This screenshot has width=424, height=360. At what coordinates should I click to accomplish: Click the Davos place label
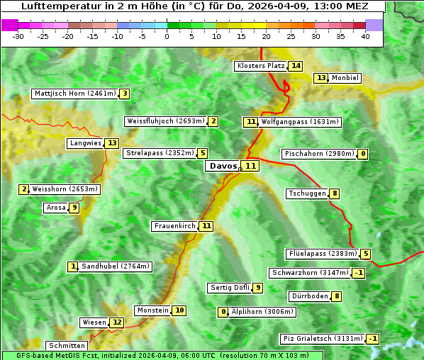pos(223,166)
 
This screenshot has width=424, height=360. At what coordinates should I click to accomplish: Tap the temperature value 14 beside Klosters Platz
pos(296,66)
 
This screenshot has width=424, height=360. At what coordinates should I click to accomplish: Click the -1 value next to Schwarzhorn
pos(359,273)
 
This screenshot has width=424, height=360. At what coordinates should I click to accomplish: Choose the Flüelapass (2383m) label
pos(322,254)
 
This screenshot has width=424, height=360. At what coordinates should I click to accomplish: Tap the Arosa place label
pos(55,208)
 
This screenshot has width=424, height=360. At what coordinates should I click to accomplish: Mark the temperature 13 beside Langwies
pos(112,143)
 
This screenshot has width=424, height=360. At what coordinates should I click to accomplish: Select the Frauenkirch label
pos(174,226)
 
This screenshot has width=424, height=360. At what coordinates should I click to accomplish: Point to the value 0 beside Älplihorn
pos(223,312)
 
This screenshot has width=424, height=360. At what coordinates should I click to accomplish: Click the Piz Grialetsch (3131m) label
pos(323,339)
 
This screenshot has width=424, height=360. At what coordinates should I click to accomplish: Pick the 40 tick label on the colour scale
pos(365,36)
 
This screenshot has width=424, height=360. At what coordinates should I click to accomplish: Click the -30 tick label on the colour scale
pos(18,36)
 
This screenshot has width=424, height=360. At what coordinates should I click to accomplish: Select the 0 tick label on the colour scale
pos(167,36)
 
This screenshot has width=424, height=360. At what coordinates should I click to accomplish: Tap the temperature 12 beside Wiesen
pos(117,322)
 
